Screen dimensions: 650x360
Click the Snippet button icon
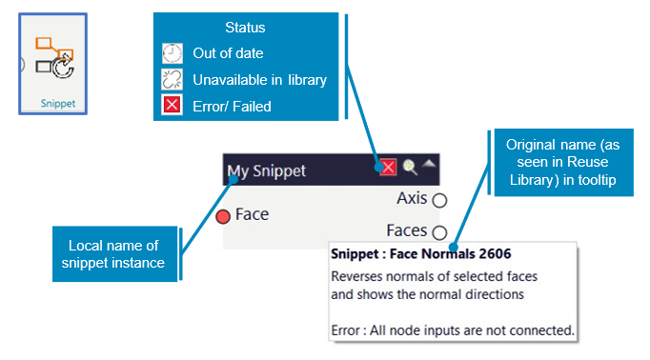(x=54, y=57)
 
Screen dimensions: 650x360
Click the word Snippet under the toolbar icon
(x=58, y=103)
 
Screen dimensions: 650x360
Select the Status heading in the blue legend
(x=245, y=28)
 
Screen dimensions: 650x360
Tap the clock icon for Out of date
(x=173, y=53)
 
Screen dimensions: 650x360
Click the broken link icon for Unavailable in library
(x=173, y=79)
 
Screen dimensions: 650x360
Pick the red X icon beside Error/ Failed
(x=173, y=105)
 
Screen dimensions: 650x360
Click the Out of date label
(x=228, y=53)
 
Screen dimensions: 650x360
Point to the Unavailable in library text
(x=259, y=80)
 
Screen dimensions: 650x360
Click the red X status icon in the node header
(x=388, y=168)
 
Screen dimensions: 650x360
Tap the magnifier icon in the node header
(x=410, y=167)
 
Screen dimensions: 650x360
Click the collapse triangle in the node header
(x=429, y=164)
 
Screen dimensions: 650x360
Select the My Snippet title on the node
(x=267, y=170)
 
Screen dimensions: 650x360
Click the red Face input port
(x=223, y=216)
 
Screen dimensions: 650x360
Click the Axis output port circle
(x=439, y=200)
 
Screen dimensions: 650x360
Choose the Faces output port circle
(x=439, y=232)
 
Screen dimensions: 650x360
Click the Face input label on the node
(x=252, y=214)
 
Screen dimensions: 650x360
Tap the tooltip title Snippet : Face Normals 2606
(x=421, y=253)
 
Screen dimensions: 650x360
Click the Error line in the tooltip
(x=453, y=330)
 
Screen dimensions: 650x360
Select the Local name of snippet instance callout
(x=114, y=254)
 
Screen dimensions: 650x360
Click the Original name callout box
(x=564, y=163)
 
